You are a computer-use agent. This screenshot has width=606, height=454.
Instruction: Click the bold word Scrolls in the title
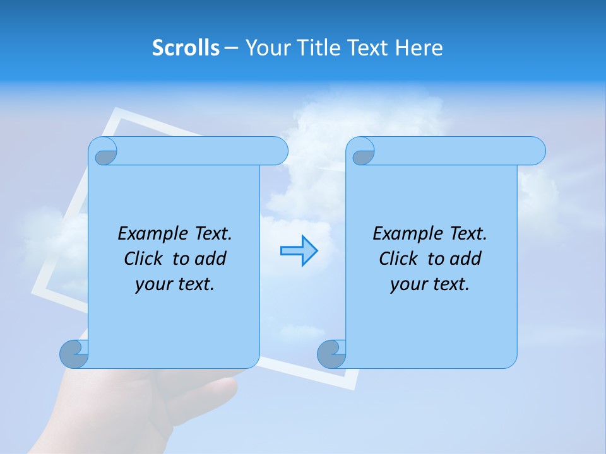(186, 48)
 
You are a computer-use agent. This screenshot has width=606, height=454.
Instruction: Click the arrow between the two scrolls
(299, 251)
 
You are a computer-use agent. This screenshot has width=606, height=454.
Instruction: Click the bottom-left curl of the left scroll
(74, 354)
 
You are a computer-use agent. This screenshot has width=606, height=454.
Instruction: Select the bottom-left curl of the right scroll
(331, 354)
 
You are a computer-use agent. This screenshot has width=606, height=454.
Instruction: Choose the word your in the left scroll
(153, 284)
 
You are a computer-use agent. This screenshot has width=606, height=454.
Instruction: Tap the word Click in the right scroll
(398, 259)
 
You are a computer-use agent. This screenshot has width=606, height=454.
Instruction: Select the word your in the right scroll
(408, 284)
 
